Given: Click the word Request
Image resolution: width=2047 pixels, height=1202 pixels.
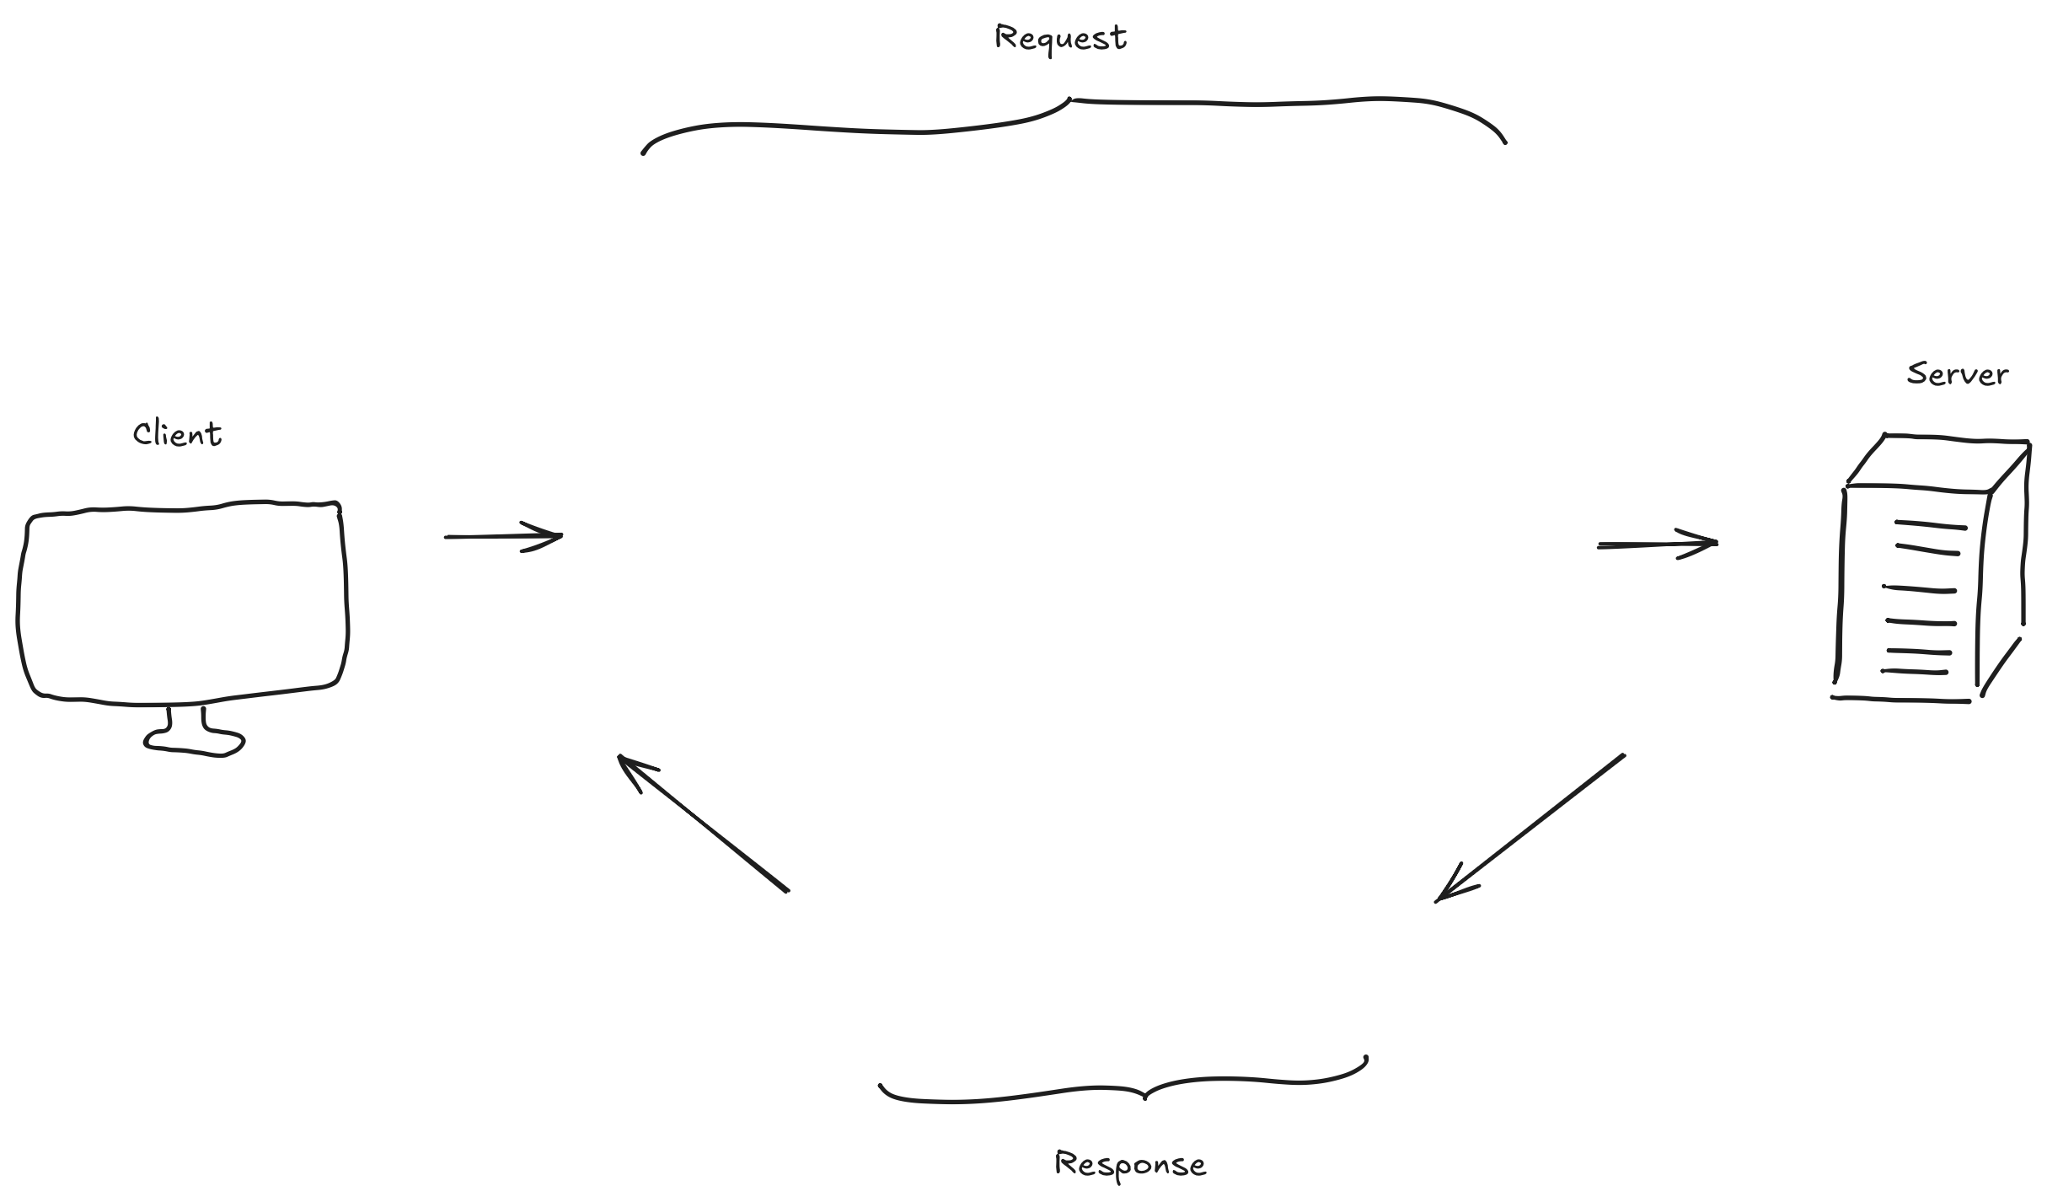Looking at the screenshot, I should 1060,39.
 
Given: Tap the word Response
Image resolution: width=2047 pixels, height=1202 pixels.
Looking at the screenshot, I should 1130,1164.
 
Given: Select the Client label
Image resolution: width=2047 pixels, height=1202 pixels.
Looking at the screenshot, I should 177,434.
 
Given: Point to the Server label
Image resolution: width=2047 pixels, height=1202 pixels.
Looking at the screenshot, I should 1957,373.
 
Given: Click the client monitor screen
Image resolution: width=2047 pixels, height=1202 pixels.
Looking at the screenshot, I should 182,602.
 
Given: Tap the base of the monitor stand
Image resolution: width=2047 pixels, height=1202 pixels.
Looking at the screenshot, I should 194,743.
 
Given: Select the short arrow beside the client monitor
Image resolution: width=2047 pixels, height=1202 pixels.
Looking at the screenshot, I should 503,536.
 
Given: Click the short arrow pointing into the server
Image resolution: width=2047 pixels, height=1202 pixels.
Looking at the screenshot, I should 1657,544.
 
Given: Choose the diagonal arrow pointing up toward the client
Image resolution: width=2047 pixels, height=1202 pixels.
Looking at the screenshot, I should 703,823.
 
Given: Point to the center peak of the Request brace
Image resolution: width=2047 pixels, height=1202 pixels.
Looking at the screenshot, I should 1070,100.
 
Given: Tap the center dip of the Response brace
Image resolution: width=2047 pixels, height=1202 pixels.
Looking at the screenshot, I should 1144,1097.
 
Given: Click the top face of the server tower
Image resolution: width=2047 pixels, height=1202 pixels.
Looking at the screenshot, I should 1938,463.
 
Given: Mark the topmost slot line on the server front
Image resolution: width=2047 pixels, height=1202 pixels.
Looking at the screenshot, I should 1930,526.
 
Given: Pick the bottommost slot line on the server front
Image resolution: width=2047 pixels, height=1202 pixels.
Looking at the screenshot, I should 1914,672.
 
